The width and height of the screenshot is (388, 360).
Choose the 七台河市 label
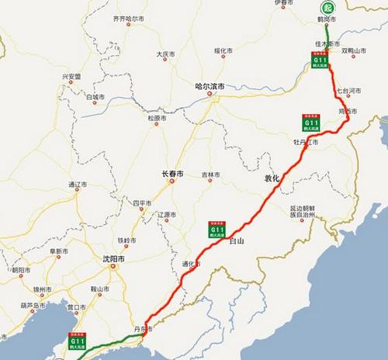[351, 91]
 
